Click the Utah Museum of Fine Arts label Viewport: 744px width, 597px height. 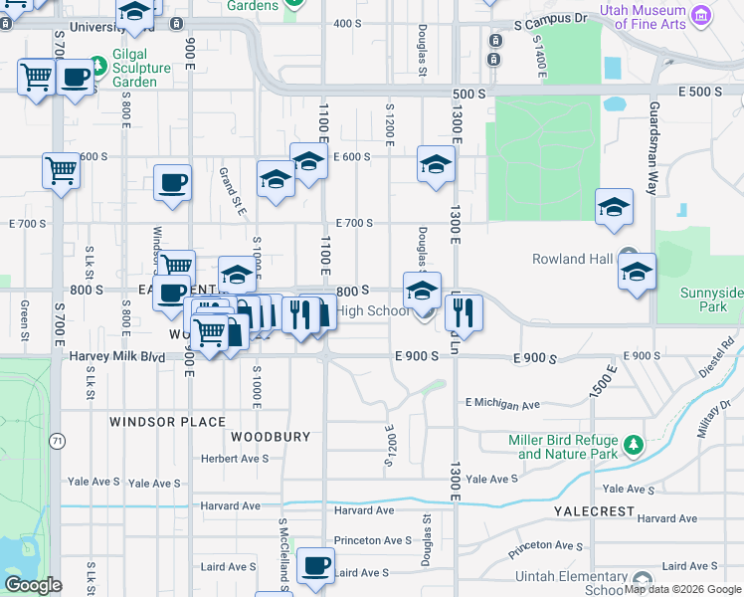(x=643, y=17)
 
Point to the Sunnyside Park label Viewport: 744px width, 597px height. (x=711, y=299)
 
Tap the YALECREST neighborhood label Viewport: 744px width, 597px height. (x=594, y=510)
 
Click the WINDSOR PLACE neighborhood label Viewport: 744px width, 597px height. (x=168, y=422)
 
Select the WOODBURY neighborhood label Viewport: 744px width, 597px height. (x=271, y=437)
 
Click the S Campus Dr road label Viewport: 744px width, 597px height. (x=551, y=19)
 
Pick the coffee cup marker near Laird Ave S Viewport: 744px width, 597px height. (x=316, y=565)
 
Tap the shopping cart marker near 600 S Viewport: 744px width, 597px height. (x=61, y=170)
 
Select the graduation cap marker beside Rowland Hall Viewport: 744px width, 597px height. (x=637, y=271)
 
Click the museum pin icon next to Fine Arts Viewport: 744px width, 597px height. (x=702, y=15)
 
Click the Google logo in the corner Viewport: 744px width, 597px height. (x=33, y=585)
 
